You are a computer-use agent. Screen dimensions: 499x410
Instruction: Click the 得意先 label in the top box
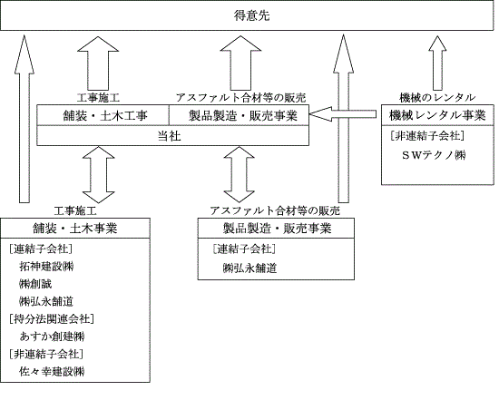(x=251, y=15)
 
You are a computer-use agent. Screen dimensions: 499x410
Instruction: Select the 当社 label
(x=170, y=136)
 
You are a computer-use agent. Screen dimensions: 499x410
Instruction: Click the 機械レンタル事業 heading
(x=437, y=115)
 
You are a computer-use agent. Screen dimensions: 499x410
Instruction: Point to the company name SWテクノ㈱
(x=434, y=155)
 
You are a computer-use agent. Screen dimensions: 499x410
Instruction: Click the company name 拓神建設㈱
(x=46, y=266)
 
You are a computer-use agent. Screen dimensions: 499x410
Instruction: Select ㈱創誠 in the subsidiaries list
(x=35, y=284)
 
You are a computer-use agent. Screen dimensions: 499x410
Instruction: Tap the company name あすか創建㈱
(x=52, y=337)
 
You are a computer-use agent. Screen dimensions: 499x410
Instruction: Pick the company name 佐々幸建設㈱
(x=52, y=371)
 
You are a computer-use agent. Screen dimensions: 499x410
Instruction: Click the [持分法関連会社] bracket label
(x=52, y=318)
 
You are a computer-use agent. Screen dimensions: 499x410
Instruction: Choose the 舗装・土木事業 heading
(x=75, y=228)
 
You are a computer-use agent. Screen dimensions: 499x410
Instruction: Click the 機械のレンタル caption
(x=437, y=97)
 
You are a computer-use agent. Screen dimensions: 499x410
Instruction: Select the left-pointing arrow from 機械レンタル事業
(x=343, y=114)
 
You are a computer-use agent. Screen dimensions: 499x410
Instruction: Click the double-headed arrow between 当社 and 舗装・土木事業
(x=98, y=175)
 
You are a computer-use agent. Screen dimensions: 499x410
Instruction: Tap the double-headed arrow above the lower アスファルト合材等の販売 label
(x=239, y=175)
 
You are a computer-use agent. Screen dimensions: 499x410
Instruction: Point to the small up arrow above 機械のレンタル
(x=437, y=63)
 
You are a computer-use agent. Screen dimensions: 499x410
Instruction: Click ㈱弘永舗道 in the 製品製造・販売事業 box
(x=249, y=268)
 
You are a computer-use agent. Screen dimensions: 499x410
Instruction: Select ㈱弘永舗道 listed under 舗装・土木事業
(x=46, y=301)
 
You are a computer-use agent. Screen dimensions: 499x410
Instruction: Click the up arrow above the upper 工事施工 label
(x=98, y=63)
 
